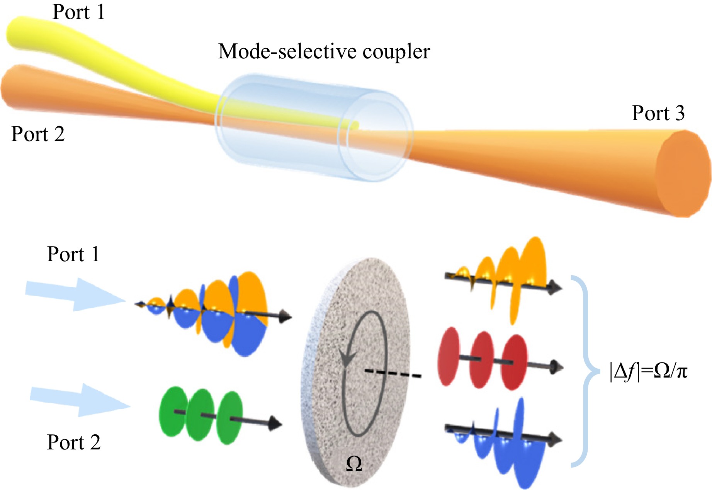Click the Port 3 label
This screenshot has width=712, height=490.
[x=658, y=113]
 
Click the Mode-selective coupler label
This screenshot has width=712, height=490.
[x=324, y=51]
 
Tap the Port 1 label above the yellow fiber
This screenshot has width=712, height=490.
[x=78, y=12]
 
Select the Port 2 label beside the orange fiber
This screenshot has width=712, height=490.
[x=37, y=134]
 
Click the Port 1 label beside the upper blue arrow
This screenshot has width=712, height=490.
[x=73, y=254]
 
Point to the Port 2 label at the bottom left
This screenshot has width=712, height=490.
[x=73, y=442]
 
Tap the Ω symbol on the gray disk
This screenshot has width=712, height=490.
[x=354, y=463]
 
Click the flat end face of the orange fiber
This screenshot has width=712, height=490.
[x=682, y=173]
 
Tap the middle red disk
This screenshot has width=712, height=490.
[x=481, y=360]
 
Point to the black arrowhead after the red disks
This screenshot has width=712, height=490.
[x=557, y=366]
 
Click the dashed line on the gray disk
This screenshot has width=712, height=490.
[x=393, y=373]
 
